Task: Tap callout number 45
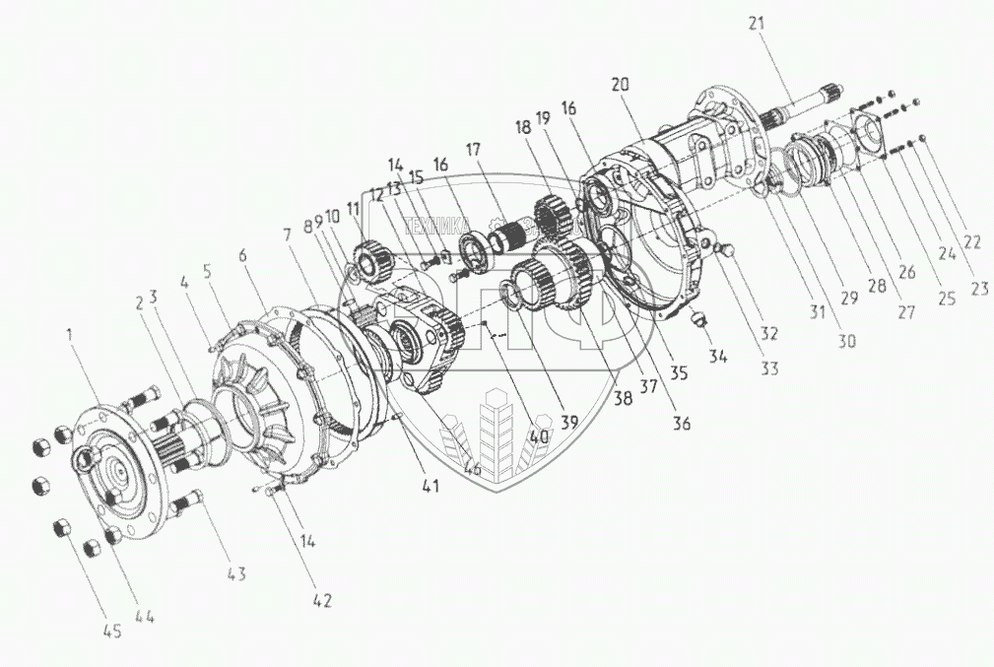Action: [x=112, y=632]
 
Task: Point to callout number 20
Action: [x=620, y=86]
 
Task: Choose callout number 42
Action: [x=322, y=600]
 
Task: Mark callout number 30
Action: [x=847, y=341]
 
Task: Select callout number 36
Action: [x=681, y=425]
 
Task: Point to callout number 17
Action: [x=474, y=151]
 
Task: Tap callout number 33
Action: [x=767, y=369]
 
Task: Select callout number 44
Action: [x=145, y=618]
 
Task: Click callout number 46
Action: [x=473, y=469]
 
